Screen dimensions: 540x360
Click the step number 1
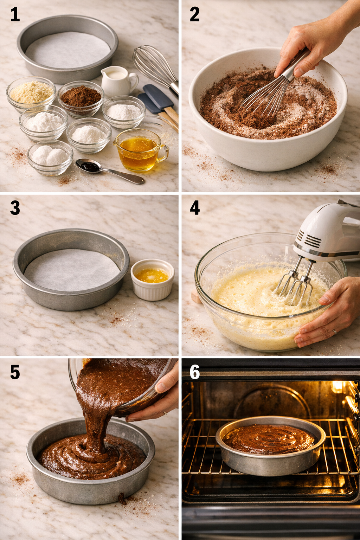point(15,15)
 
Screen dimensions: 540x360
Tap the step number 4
point(195,208)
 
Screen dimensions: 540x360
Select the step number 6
point(194,372)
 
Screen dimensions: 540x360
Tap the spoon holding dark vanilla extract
point(89,166)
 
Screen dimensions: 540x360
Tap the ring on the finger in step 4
point(334,331)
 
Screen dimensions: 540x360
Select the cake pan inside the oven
point(270,445)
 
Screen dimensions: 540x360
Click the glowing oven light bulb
point(337,387)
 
